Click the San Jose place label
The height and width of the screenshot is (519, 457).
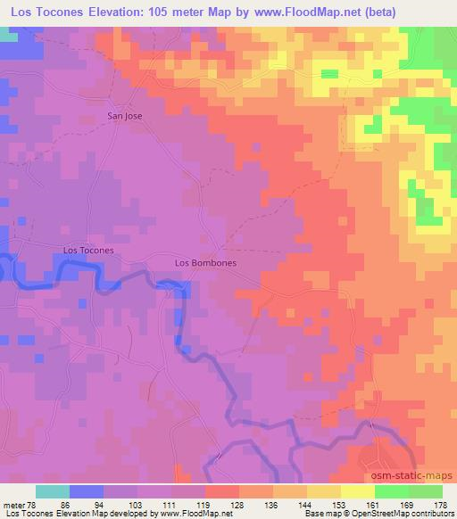(124, 116)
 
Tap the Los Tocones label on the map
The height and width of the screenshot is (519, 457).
(88, 251)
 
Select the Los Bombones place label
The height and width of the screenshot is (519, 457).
(206, 263)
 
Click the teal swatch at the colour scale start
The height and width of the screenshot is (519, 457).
(53, 491)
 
